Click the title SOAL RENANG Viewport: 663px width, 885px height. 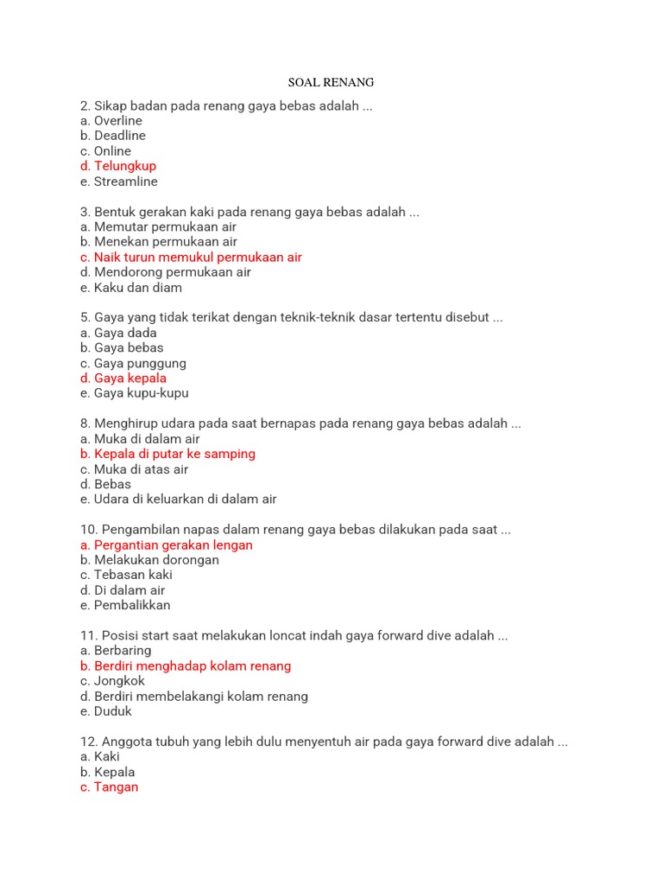point(331,83)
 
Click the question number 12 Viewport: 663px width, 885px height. point(89,742)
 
